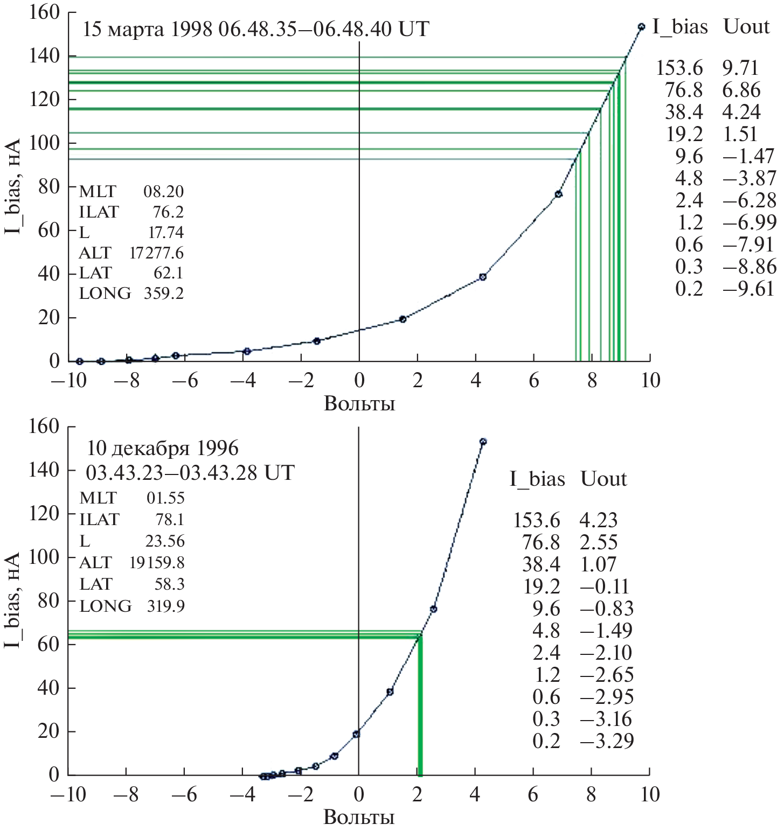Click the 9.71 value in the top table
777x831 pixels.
[740, 68]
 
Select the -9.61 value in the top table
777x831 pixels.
[748, 289]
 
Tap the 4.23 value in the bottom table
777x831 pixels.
[598, 520]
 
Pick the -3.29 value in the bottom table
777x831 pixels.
[607, 741]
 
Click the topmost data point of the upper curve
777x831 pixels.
[641, 26]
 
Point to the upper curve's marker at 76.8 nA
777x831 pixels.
[558, 194]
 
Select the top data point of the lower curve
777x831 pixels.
[483, 442]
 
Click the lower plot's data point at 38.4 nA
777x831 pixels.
[390, 692]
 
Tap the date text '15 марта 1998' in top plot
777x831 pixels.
[147, 29]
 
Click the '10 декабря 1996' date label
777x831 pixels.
[163, 448]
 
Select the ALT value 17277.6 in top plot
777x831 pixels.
[156, 253]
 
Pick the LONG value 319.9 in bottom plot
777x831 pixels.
[165, 606]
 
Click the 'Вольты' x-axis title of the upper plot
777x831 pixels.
[359, 403]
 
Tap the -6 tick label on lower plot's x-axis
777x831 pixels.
[184, 794]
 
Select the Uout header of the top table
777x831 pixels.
[746, 26]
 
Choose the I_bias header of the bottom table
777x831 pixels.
[537, 479]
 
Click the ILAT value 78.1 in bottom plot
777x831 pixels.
[170, 519]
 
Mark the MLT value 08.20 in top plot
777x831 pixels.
[163, 191]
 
